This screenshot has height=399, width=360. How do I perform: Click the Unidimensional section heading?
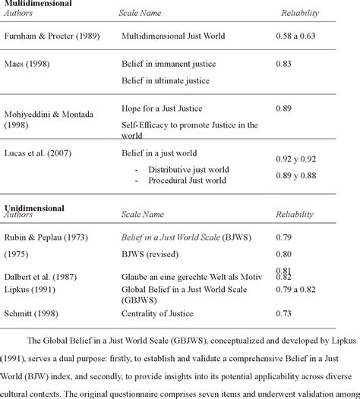tap(34, 207)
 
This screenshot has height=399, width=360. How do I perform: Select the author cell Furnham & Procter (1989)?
tap(51, 36)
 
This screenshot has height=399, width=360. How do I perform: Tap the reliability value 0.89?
tap(286, 108)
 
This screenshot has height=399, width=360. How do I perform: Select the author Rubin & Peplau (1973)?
tap(46, 238)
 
